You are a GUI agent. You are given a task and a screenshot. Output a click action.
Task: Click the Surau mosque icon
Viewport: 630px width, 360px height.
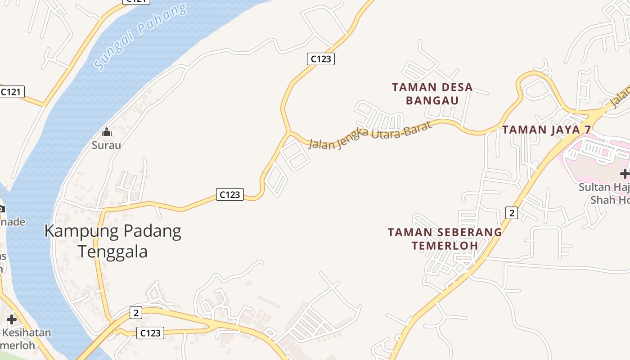click(107, 132)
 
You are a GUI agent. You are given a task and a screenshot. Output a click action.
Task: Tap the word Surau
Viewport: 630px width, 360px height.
click(107, 145)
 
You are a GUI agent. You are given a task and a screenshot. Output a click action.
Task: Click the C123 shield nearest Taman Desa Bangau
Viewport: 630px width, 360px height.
click(321, 58)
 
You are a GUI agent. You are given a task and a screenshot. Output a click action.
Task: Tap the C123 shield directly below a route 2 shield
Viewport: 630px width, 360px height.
click(150, 333)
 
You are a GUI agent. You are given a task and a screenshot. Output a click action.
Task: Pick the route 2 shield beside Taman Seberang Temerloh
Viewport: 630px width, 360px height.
click(511, 212)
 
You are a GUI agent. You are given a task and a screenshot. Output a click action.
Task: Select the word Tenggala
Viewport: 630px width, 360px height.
click(112, 251)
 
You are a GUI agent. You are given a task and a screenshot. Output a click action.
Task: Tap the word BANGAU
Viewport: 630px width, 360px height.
click(432, 100)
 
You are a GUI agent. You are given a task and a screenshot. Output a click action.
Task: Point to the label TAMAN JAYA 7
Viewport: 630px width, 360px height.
click(546, 130)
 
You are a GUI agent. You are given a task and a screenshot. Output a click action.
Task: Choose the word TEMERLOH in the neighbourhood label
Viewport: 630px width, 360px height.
click(445, 246)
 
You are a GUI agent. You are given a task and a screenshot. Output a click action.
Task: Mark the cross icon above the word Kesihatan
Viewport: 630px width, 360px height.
click(12, 319)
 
